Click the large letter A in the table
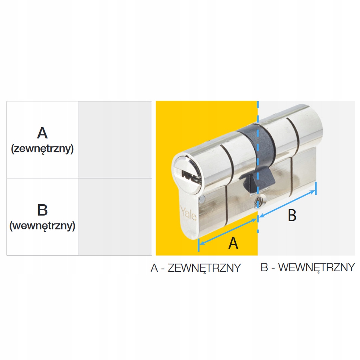[42, 133]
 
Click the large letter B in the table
[42, 210]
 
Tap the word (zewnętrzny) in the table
[42, 149]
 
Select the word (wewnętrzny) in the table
[42, 226]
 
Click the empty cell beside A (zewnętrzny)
[115, 139]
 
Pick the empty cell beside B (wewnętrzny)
[115, 217]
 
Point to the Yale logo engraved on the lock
[188, 212]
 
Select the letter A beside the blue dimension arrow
[233, 243]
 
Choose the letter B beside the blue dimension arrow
[292, 215]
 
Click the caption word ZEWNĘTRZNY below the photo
[204, 268]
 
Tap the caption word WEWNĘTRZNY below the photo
[316, 267]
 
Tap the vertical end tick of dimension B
[315, 188]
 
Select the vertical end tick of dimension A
[199, 245]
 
